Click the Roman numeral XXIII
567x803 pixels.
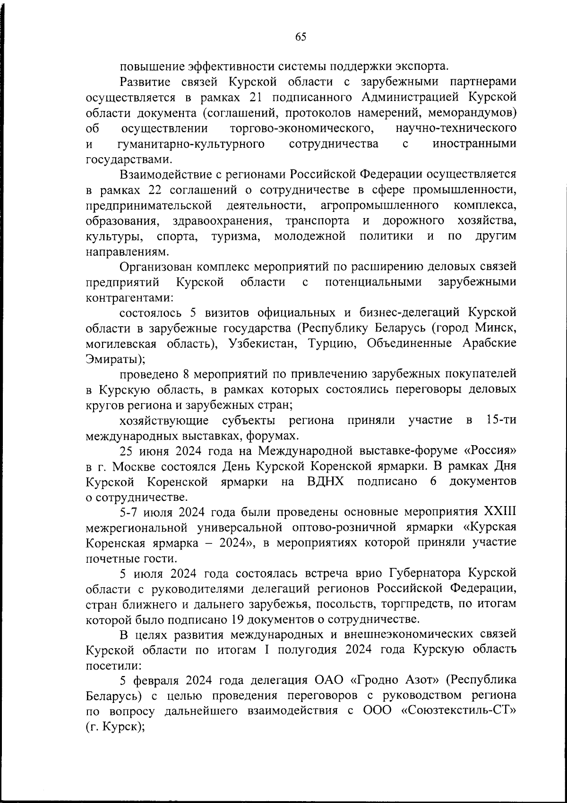click(x=500, y=512)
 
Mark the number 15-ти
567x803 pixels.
click(x=501, y=420)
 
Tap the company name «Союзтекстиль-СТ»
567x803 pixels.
click(x=458, y=711)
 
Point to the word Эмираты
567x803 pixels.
click(x=112, y=359)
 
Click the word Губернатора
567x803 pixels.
click(x=425, y=574)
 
